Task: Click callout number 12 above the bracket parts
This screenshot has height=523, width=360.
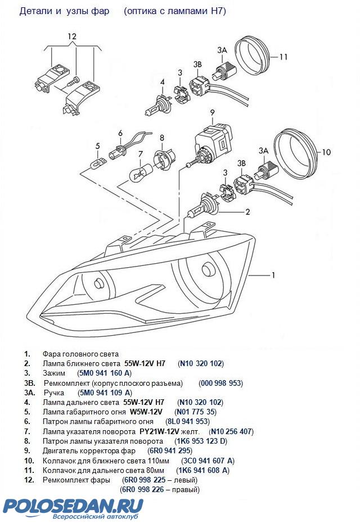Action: [x=71, y=37]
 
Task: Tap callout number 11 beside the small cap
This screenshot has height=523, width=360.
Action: [x=283, y=57]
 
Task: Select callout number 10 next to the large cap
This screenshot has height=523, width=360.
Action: [x=327, y=152]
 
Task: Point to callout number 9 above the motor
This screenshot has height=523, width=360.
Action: [x=213, y=112]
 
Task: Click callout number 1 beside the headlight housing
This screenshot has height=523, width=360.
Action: [x=273, y=275]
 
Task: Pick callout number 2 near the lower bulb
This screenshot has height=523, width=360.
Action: [x=247, y=212]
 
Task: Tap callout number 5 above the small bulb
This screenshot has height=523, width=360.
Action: [x=97, y=146]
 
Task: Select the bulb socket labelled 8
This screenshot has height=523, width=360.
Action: [x=164, y=160]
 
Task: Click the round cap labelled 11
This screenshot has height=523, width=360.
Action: [x=251, y=55]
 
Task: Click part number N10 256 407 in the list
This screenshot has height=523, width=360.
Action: [x=231, y=431]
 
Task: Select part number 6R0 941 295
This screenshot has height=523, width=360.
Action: [x=169, y=451]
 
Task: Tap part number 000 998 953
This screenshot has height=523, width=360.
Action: [x=220, y=383]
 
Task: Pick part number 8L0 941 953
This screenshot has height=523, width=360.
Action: [x=187, y=422]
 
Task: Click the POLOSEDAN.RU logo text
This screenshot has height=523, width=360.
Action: [x=73, y=504]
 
